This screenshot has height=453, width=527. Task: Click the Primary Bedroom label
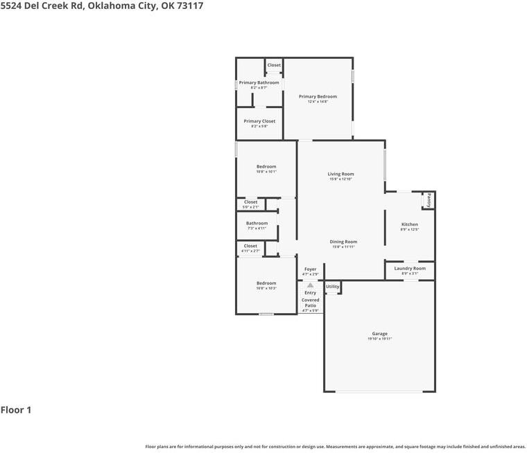(x=318, y=96)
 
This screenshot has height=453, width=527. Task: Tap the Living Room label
(x=341, y=174)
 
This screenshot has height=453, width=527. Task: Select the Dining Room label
(x=343, y=242)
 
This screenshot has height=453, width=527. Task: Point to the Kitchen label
(x=410, y=224)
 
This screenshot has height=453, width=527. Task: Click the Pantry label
(x=429, y=200)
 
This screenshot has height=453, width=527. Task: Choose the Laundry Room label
(x=410, y=268)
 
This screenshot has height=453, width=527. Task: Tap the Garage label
(x=379, y=333)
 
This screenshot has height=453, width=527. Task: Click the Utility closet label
(x=333, y=286)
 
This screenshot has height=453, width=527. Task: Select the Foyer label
(x=310, y=269)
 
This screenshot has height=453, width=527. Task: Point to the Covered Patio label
(x=310, y=303)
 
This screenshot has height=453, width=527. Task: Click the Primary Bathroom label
(x=259, y=82)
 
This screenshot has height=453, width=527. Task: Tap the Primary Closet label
(x=259, y=121)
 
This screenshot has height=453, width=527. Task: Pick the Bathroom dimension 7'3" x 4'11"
(x=257, y=228)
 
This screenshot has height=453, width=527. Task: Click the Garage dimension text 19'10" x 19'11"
(x=379, y=339)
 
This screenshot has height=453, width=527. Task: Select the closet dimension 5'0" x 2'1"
(x=250, y=207)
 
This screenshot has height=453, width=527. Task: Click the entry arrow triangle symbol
(x=310, y=285)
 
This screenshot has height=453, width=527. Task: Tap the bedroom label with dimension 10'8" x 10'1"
(x=266, y=166)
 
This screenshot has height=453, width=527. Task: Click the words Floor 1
(x=16, y=410)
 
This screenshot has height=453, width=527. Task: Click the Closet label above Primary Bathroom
(x=274, y=65)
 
